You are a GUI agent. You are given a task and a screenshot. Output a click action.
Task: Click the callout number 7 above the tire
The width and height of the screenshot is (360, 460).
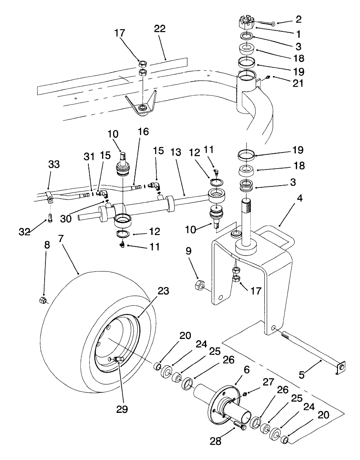[62, 239]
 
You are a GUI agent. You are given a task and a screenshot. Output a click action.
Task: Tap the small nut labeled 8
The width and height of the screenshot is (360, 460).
[43, 300]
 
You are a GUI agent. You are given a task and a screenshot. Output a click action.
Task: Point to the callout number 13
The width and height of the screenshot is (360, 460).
[176, 152]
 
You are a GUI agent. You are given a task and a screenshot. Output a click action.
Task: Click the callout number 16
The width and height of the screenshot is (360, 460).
[143, 132]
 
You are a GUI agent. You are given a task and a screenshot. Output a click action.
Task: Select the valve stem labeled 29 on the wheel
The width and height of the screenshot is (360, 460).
[118, 360]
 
